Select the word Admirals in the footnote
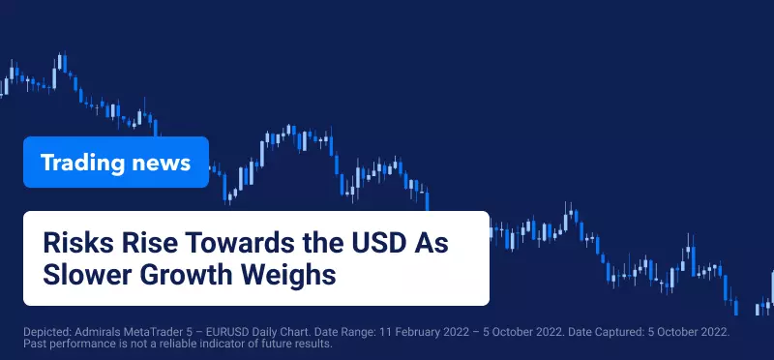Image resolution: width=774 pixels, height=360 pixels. tap(86, 331)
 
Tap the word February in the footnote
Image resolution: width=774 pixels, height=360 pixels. tap(412, 332)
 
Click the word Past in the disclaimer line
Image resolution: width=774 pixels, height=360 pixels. tap(33, 344)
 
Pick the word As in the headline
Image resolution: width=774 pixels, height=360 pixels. tap(434, 244)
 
